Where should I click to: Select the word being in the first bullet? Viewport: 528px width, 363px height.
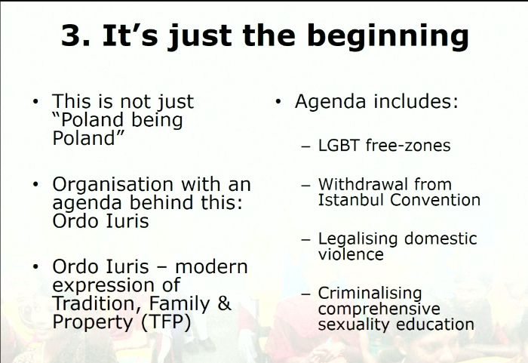(157, 120)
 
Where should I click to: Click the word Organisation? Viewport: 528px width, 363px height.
(113, 186)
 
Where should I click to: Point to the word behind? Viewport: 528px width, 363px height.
(161, 202)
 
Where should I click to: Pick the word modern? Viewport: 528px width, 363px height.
(211, 266)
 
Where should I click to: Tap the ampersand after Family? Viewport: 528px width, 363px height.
(224, 303)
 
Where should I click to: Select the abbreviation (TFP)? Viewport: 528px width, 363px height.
(166, 322)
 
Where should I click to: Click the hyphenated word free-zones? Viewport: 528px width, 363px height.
(408, 146)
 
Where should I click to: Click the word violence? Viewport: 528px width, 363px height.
(351, 254)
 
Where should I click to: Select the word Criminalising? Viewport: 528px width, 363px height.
(370, 294)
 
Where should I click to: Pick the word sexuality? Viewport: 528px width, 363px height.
(354, 325)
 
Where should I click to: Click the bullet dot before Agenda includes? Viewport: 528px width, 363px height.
(278, 101)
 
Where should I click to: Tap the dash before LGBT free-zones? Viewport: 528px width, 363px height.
(305, 146)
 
